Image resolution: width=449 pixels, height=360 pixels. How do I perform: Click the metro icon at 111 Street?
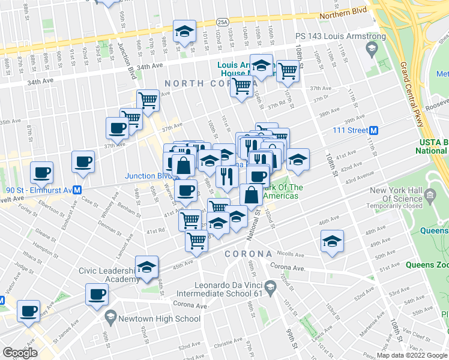tap(373, 130)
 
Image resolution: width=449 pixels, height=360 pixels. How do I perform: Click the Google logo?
tap(20, 352)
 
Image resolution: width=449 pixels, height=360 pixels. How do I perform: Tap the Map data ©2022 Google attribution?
tap(412, 355)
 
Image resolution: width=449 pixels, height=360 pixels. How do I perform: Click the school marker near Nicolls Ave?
tap(332, 242)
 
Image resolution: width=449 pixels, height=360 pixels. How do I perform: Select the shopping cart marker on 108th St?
tap(288, 70)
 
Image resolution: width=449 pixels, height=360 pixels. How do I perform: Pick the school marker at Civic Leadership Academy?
tap(146, 268)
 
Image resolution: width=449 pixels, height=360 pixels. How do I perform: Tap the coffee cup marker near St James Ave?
tap(29, 311)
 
